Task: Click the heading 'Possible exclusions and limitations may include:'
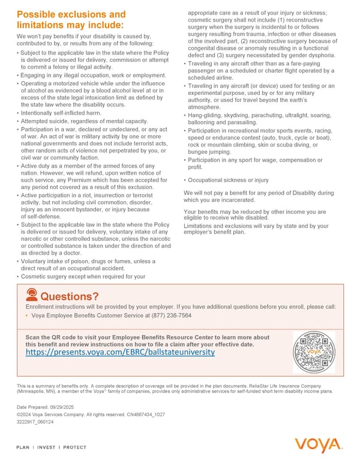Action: (71, 19)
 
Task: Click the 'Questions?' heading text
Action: (69, 296)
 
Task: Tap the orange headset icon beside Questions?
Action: (31, 295)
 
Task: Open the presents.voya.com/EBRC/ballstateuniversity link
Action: (120, 353)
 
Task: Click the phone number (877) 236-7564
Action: (167, 315)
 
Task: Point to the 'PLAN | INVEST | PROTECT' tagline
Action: (52, 447)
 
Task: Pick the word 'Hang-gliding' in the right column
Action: (206, 115)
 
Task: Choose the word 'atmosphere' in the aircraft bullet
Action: (206, 106)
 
